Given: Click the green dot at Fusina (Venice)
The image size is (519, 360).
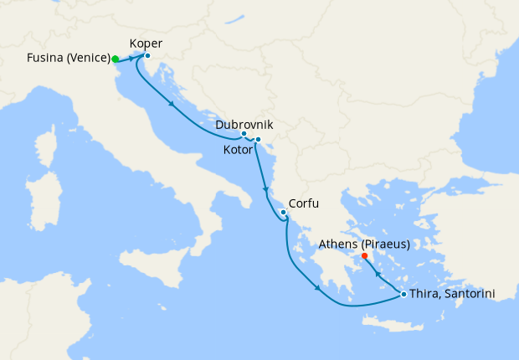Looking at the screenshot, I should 115,59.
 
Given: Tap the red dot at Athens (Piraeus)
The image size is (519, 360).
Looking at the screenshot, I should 364,256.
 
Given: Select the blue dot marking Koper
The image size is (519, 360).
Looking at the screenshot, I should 147,56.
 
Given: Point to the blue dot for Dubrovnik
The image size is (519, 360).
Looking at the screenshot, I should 244,134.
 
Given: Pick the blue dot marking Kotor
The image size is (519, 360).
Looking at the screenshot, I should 258,139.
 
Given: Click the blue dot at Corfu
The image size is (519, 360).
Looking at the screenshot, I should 284,212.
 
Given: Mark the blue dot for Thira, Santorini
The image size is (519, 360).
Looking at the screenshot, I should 403,294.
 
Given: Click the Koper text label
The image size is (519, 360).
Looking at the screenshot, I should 146,44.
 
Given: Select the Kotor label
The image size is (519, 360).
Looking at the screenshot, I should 239,151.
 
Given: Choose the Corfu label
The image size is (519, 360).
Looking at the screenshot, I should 304,203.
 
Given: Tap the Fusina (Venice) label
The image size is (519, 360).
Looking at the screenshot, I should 68,59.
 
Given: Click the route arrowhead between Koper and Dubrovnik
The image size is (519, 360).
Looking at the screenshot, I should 172,105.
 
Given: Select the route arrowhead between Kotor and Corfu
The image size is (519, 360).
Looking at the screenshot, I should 265,189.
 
